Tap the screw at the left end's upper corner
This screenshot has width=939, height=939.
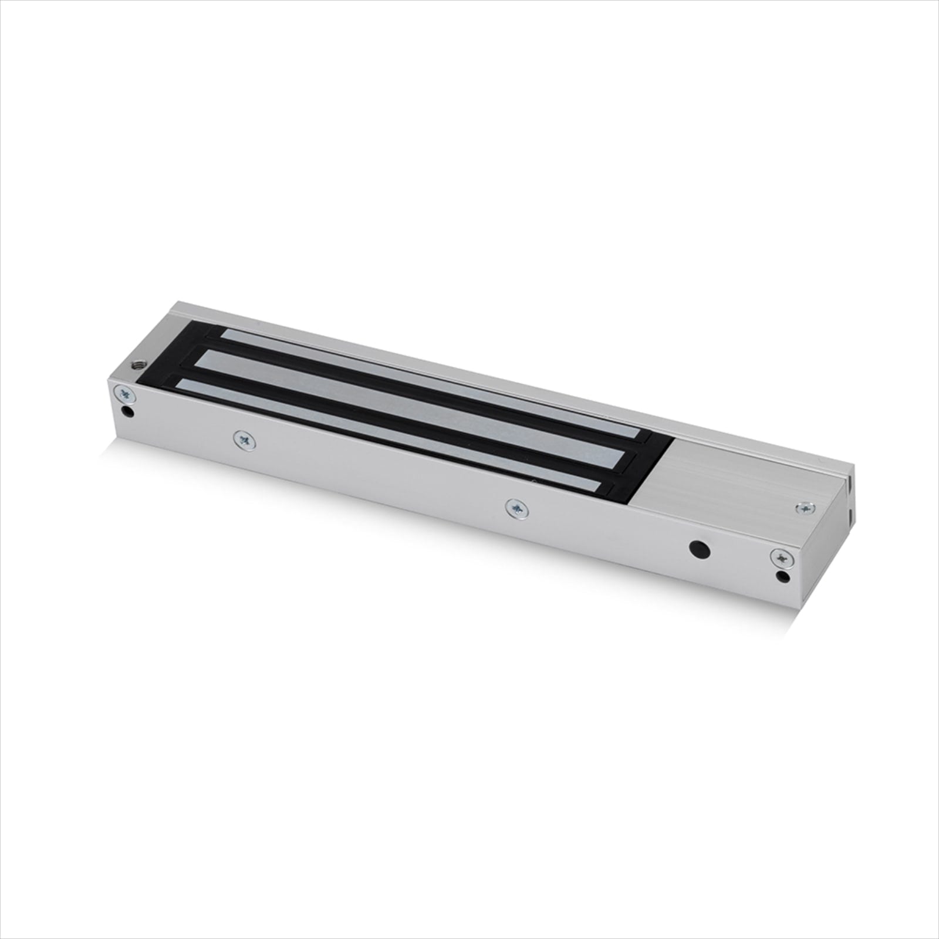pos(126,394)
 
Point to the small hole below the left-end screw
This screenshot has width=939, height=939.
pos(130,411)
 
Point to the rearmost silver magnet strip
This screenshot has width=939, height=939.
pos(428,381)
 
